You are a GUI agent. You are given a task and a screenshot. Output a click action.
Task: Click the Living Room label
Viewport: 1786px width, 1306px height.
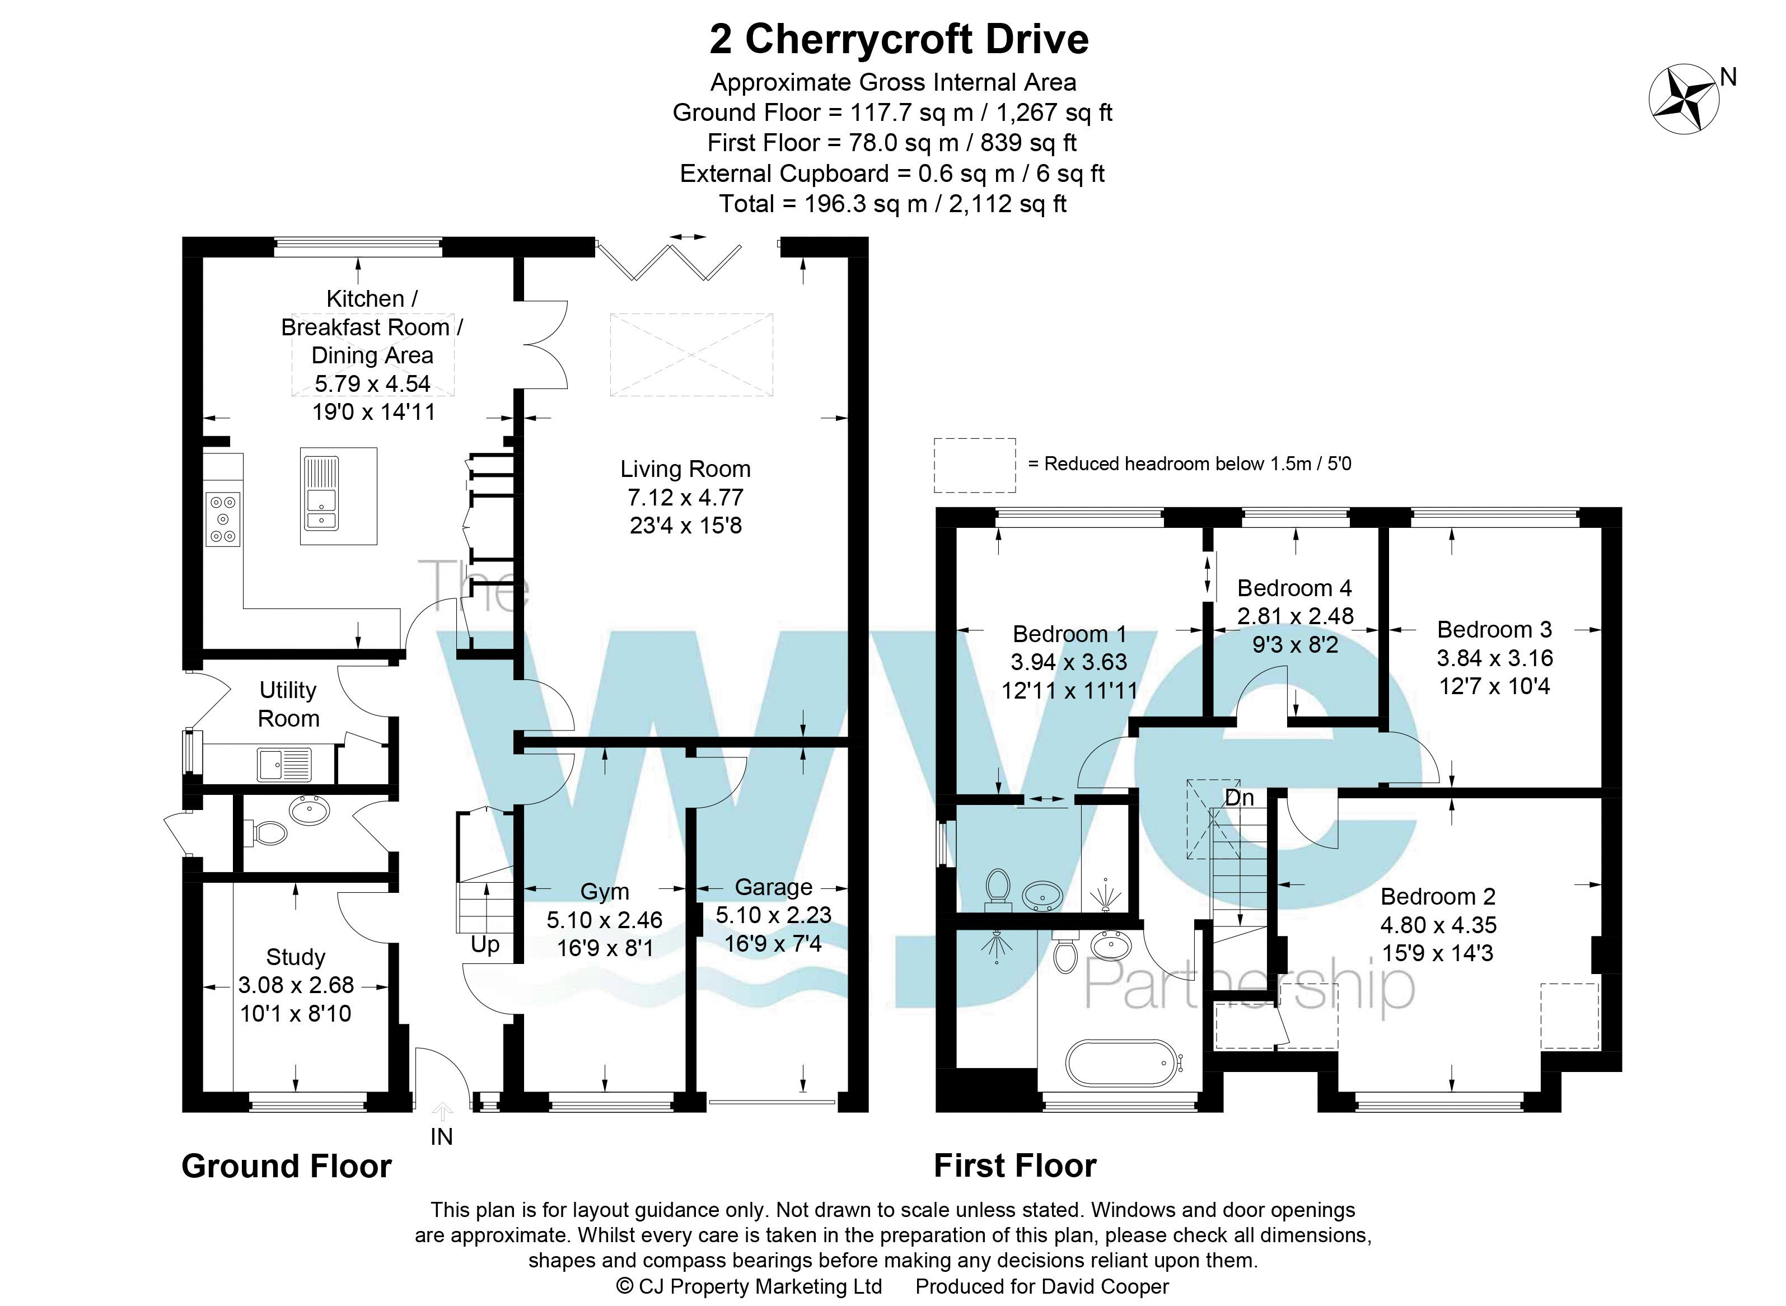685,469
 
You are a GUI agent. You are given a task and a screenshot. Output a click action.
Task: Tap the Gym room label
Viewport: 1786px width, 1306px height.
605,891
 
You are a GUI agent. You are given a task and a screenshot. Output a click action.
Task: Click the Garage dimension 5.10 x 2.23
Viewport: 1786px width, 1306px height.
774,915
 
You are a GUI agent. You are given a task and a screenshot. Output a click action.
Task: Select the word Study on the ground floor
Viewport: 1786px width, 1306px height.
296,957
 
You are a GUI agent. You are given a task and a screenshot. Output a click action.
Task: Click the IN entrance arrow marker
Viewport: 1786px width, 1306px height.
442,1113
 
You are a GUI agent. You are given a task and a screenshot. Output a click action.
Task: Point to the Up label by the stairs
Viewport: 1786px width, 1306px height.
485,945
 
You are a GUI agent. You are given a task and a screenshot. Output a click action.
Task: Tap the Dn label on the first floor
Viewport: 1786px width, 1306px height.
1240,798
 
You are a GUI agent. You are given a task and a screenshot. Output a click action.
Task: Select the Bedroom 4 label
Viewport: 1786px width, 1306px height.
1294,588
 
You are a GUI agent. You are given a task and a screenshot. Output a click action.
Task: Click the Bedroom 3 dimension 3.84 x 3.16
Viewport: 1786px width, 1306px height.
1494,658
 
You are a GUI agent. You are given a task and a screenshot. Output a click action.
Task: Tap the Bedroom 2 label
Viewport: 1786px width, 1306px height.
1438,896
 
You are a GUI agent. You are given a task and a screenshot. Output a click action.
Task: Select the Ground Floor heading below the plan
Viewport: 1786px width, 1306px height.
286,1166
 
